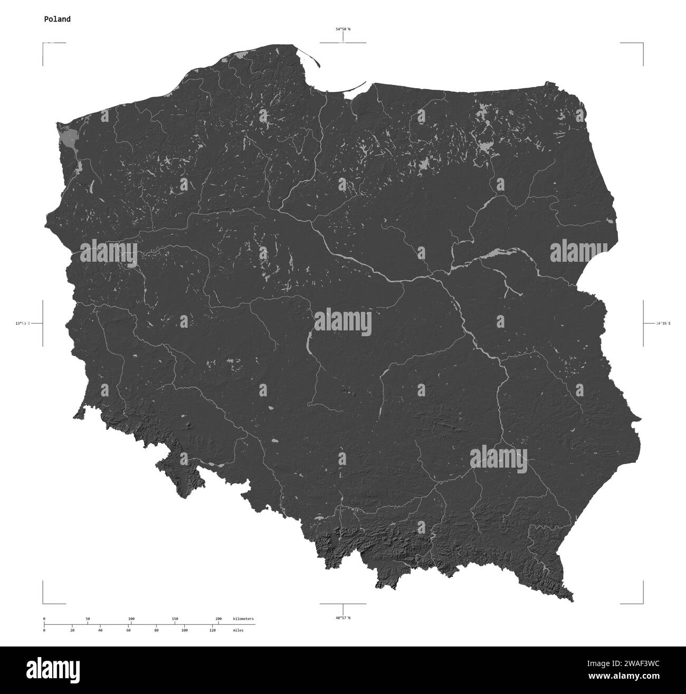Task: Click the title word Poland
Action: pos(57,19)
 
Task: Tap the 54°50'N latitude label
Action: pos(343,30)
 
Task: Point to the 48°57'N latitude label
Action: pos(343,617)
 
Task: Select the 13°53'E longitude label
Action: pos(23,323)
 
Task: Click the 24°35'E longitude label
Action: pos(663,323)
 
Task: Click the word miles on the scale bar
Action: pos(238,630)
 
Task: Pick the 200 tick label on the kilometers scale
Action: pos(218,619)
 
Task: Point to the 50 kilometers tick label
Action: pos(88,619)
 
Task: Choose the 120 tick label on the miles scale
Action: pos(212,630)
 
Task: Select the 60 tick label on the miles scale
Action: pos(128,630)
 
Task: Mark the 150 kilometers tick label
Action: pos(175,619)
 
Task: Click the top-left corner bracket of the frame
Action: pos(44,43)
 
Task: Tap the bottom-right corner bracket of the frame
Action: pos(642,603)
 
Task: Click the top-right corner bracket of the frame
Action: pos(642,43)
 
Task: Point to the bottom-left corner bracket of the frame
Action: pos(44,603)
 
